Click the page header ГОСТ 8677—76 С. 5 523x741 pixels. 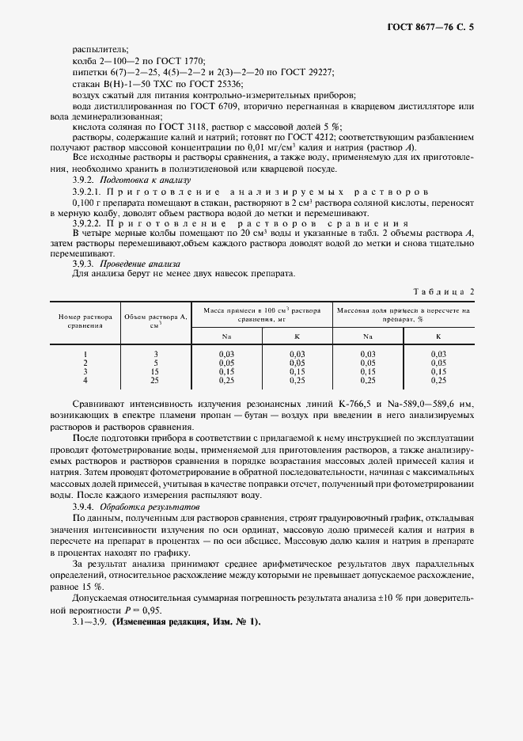[x=434, y=28]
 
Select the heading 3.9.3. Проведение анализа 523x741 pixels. [x=126, y=262]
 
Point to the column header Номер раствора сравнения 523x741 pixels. [x=85, y=320]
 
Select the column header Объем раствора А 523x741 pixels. [x=156, y=320]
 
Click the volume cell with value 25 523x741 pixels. [x=156, y=381]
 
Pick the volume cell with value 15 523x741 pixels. [x=156, y=372]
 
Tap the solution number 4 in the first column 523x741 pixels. [x=85, y=381]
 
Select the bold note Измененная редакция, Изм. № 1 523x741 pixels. [x=187, y=622]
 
